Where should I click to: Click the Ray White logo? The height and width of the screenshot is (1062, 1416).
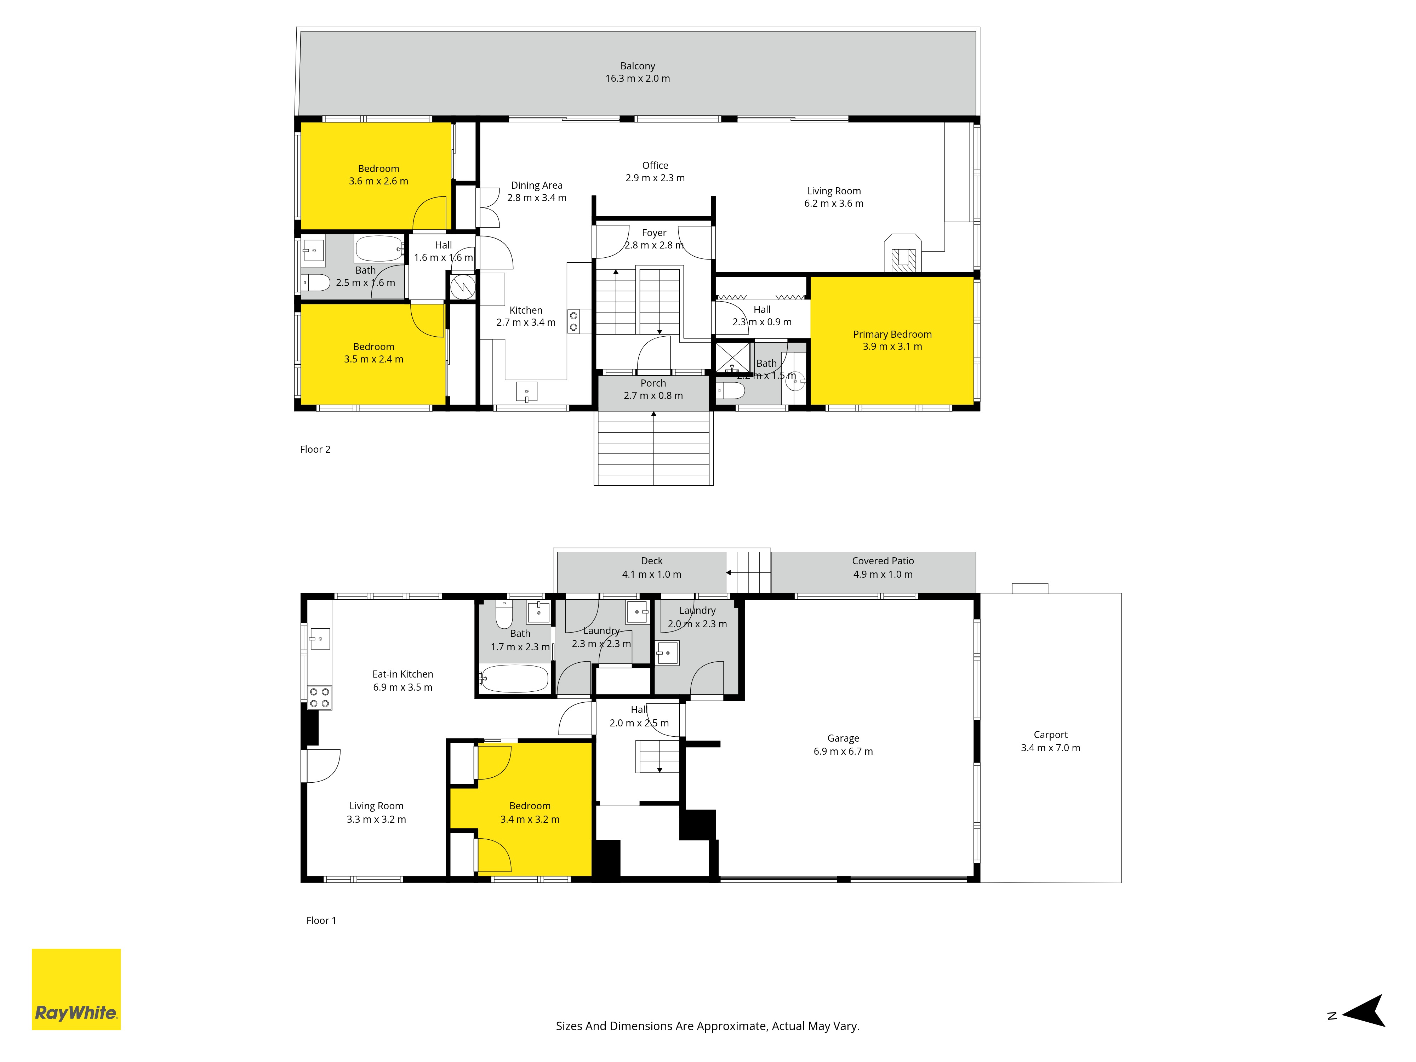pos(76,989)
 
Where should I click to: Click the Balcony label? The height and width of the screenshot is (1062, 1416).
pos(638,66)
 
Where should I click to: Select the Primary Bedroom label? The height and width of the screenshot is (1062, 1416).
pos(892,334)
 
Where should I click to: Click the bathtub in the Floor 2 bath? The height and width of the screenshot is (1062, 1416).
pos(379,249)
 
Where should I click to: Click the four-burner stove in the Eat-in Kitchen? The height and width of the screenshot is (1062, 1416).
pos(319,697)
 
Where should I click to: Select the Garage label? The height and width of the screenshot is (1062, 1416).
pos(843,738)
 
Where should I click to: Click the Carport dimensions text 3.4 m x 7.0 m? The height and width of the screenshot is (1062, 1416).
pos(1050,748)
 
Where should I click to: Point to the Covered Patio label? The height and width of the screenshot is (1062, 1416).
pos(883,561)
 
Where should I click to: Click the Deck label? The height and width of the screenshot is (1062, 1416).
pos(652,561)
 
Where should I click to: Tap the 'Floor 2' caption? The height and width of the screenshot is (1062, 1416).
pos(315,449)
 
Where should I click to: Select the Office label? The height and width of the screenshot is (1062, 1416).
pos(655,165)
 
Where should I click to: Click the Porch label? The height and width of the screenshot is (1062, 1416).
pos(653,383)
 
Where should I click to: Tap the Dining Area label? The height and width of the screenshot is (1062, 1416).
pos(536,185)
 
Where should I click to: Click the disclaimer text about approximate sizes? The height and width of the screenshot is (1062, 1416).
pos(707,1026)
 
